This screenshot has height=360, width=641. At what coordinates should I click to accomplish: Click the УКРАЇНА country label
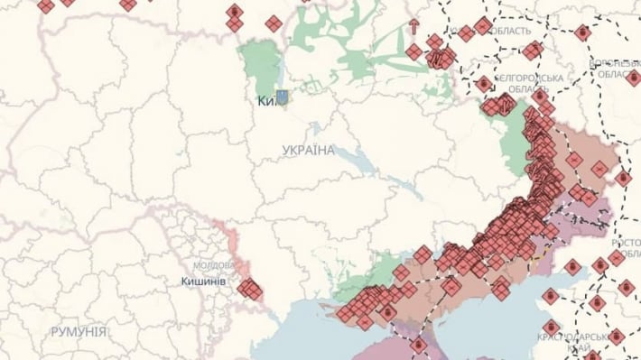[x=307, y=150]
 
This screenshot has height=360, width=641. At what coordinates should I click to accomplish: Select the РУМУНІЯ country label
[x=79, y=332]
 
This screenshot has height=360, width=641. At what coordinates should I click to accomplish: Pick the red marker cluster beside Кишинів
[x=249, y=289]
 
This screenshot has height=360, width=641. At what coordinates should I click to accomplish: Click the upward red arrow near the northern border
[x=413, y=27]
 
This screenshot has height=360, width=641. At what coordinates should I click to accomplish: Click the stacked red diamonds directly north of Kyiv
[x=235, y=18]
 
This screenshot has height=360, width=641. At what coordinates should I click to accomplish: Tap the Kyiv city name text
[x=265, y=101]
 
